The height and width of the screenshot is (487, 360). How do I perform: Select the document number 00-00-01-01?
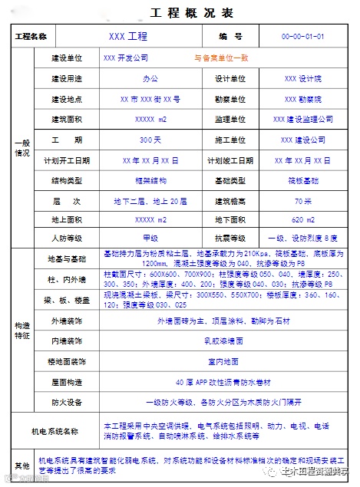(303, 37)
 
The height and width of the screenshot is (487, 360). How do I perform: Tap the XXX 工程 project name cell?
(127, 37)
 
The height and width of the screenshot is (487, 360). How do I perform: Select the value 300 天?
(150, 140)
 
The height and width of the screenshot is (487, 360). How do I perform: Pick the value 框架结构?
(150, 181)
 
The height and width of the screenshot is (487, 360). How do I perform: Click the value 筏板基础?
(303, 181)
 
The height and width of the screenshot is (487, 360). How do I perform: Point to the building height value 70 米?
(303, 202)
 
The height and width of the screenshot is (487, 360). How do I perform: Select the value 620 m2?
(303, 219)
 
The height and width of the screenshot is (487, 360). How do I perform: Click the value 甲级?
(150, 239)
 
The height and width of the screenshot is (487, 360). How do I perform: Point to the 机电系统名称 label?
(55, 431)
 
